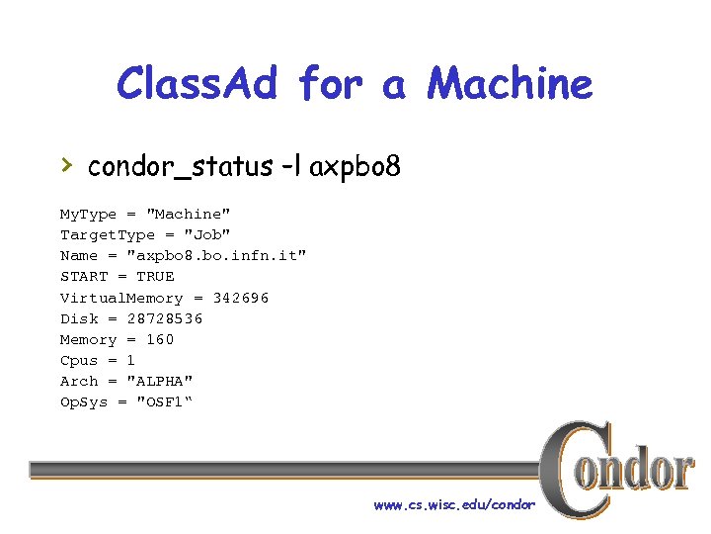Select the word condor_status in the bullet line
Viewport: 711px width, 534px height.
pyautogui.click(x=178, y=167)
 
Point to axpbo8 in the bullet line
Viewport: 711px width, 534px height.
pyautogui.click(x=355, y=167)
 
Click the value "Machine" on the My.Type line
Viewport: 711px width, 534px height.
pyautogui.click(x=189, y=214)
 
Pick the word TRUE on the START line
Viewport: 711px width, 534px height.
pyautogui.click(x=155, y=276)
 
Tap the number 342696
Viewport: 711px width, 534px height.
pyautogui.click(x=241, y=298)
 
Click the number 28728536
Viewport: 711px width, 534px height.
pyautogui.click(x=165, y=318)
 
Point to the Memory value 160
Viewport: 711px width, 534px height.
pyautogui.click(x=160, y=339)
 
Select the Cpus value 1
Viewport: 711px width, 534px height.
pyautogui.click(x=130, y=360)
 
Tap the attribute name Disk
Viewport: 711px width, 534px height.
pyautogui.click(x=79, y=318)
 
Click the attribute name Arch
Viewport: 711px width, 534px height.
pyautogui.click(x=79, y=381)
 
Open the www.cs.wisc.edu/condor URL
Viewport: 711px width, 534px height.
pyautogui.click(x=454, y=504)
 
